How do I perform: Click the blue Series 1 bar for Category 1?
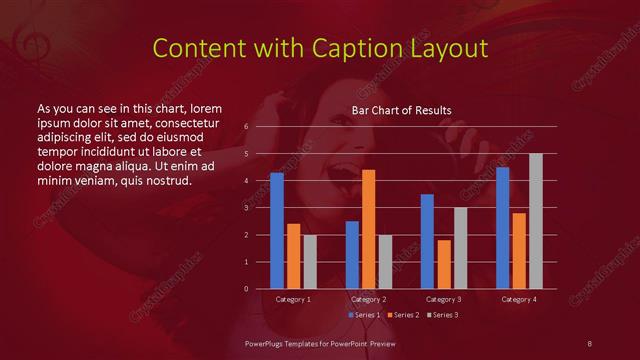pos(277,230)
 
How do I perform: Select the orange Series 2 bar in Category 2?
pos(368,229)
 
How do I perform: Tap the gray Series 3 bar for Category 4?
pos(535,221)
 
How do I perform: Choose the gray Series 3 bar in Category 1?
pos(309,261)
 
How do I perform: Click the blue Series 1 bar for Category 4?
pos(502,227)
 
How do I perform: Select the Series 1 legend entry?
pos(365,315)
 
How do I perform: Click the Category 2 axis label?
pos(368,299)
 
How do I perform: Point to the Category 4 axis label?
pos(518,299)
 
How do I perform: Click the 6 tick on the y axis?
pos(246,127)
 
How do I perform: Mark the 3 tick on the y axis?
pos(246,208)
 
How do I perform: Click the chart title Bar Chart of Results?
pos(401,110)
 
